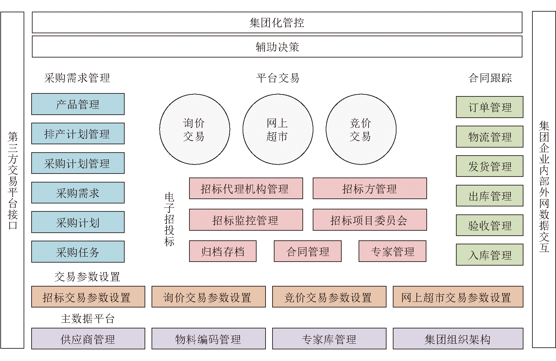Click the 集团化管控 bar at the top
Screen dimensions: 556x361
277,22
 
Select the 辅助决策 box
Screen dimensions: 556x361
277,47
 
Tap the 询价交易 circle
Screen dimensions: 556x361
195,129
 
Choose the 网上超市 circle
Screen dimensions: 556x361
278,129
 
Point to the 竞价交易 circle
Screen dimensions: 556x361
361,129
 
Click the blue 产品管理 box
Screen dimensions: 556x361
78,104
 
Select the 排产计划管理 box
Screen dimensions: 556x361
78,134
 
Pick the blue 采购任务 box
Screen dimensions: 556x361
78,252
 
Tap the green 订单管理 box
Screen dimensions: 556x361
490,107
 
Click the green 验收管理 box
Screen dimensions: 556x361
490,225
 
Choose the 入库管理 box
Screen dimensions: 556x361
490,255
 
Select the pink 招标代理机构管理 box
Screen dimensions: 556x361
246,188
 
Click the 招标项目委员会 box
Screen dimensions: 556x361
370,220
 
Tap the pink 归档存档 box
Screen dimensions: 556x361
223,251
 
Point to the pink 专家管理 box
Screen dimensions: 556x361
392,251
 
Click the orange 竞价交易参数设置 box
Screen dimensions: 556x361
329,297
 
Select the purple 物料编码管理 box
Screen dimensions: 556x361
208,339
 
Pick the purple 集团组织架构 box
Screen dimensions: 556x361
458,339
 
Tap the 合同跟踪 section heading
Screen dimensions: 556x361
490,78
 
